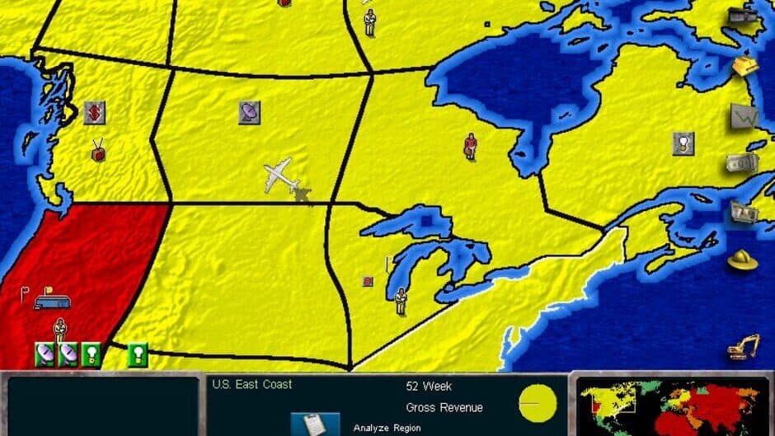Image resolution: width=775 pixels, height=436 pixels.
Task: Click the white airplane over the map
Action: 281,176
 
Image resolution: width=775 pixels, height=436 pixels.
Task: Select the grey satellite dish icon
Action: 249,112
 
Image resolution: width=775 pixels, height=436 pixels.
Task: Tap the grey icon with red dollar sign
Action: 94,112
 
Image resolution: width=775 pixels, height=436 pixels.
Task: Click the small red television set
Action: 98,152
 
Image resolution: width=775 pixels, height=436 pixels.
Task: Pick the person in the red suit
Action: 470,146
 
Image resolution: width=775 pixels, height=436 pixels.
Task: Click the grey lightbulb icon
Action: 683,143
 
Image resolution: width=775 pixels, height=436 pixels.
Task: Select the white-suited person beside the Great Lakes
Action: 401,301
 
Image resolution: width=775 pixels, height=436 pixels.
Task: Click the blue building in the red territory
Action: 52,302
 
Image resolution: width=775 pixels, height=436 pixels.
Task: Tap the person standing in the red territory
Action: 59,331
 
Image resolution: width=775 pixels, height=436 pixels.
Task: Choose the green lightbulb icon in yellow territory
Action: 138,354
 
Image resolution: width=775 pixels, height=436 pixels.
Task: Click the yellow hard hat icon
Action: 742,259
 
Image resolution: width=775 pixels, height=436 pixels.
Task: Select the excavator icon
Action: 743,347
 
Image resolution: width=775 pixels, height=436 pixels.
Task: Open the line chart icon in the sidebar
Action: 744,116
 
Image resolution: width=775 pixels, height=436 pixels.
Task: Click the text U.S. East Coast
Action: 251,384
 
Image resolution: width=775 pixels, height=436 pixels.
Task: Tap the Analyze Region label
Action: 387,428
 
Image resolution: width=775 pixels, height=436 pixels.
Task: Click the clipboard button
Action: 314,424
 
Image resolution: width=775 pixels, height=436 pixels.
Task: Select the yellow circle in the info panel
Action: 538,403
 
